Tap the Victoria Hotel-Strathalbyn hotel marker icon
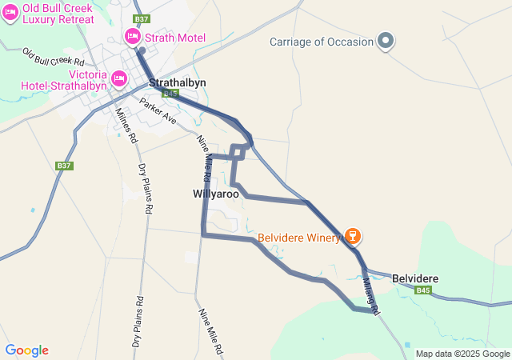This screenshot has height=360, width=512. (x=119, y=78)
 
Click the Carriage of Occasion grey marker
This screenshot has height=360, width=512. (x=386, y=40)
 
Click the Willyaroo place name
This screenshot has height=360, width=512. (x=216, y=194)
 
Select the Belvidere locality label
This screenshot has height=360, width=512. (x=415, y=278)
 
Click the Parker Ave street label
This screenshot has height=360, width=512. (x=157, y=110)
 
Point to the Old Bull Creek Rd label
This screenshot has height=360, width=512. (x=54, y=57)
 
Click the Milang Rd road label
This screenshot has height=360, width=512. (x=370, y=290)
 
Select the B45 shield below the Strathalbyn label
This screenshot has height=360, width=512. (x=169, y=94)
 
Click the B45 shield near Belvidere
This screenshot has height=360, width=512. (x=423, y=290)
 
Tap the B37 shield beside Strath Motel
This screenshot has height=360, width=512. (x=141, y=18)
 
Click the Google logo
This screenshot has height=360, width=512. (x=26, y=350)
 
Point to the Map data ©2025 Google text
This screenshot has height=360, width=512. (x=462, y=354)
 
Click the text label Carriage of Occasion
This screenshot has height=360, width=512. (x=322, y=42)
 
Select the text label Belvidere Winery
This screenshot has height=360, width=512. (x=298, y=238)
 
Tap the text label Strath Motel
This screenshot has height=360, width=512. (x=175, y=38)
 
